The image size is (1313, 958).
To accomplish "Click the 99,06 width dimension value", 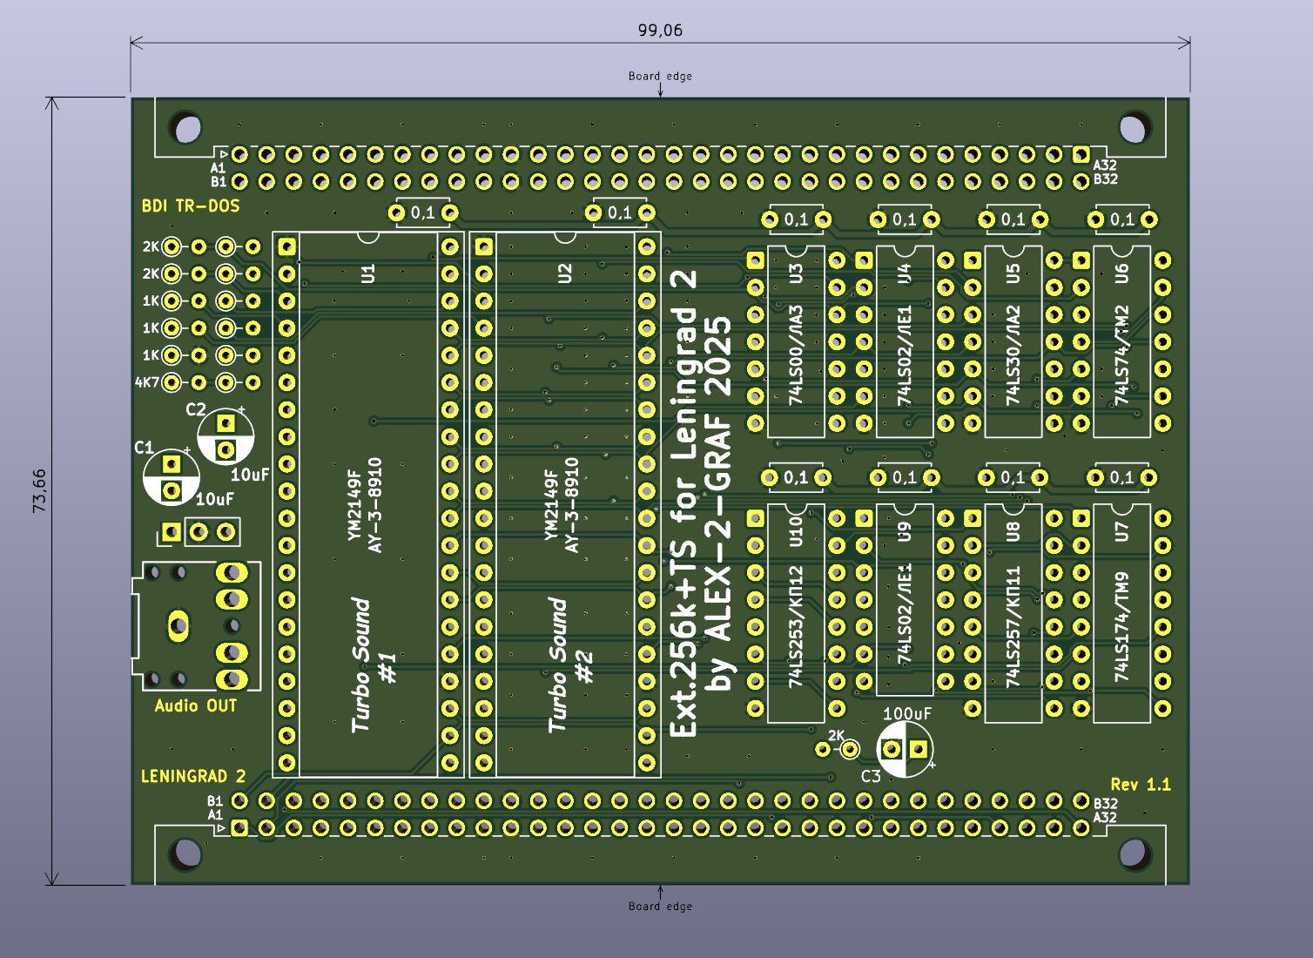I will pyautogui.click(x=660, y=30).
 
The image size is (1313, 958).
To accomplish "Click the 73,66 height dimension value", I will pyautogui.click(x=40, y=490).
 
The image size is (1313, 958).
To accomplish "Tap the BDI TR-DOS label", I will pyautogui.click(x=191, y=206).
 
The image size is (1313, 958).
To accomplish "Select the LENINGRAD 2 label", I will pyautogui.click(x=193, y=776).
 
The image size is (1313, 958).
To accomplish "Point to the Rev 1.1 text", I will pyautogui.click(x=1141, y=785).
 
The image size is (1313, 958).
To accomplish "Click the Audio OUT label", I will pyautogui.click(x=196, y=706).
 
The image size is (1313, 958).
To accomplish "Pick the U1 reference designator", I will pyautogui.click(x=368, y=273).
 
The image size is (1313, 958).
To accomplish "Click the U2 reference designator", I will pyautogui.click(x=565, y=273).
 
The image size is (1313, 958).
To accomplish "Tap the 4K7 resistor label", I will pyautogui.click(x=147, y=382).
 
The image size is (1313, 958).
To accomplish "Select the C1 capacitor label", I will pyautogui.click(x=144, y=448).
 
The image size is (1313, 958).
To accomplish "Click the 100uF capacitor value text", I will pyautogui.click(x=907, y=714).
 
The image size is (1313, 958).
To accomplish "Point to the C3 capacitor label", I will pyautogui.click(x=871, y=776).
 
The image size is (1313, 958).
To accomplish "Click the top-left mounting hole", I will pyautogui.click(x=187, y=128).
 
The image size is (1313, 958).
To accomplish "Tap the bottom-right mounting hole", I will pyautogui.click(x=1133, y=853).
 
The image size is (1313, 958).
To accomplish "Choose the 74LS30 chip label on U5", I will pyautogui.click(x=1013, y=355).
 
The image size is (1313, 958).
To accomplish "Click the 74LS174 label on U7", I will pyautogui.click(x=1122, y=626).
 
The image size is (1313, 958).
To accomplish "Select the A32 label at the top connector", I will pyautogui.click(x=1105, y=165).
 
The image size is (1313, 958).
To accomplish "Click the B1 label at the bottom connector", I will pyautogui.click(x=215, y=801).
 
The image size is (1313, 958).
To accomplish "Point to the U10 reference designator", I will pyautogui.click(x=796, y=531).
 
